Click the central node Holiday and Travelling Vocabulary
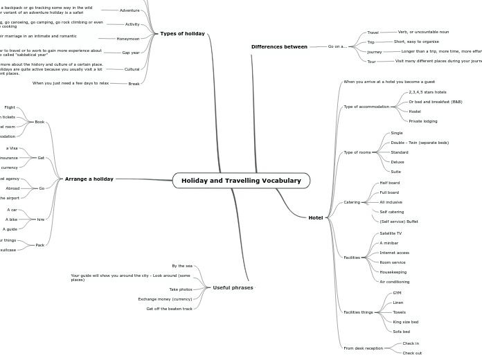pyautogui.click(x=241, y=181)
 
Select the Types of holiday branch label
pyautogui.click(x=182, y=33)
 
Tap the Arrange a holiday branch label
pyautogui.click(x=89, y=179)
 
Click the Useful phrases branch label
pyautogui.click(x=233, y=287)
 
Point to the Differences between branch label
pyautogui.click(x=279, y=46)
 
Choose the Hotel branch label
pyautogui.click(x=315, y=217)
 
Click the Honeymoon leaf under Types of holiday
pyautogui.click(x=127, y=39)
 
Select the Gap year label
pyautogui.click(x=130, y=53)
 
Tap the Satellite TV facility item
pyautogui.click(x=390, y=233)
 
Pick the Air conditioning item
pyautogui.click(x=394, y=282)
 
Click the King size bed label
pyautogui.click(x=405, y=322)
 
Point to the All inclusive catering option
pyautogui.click(x=391, y=202)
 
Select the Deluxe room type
pyautogui.click(x=398, y=162)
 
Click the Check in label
pyautogui.click(x=410, y=343)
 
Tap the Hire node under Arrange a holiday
pyautogui.click(x=40, y=219)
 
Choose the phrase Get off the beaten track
pyautogui.click(x=169, y=309)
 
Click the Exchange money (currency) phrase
pyautogui.click(x=165, y=299)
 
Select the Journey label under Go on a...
pyautogui.click(x=374, y=52)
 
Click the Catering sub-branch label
pyautogui.click(x=352, y=202)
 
